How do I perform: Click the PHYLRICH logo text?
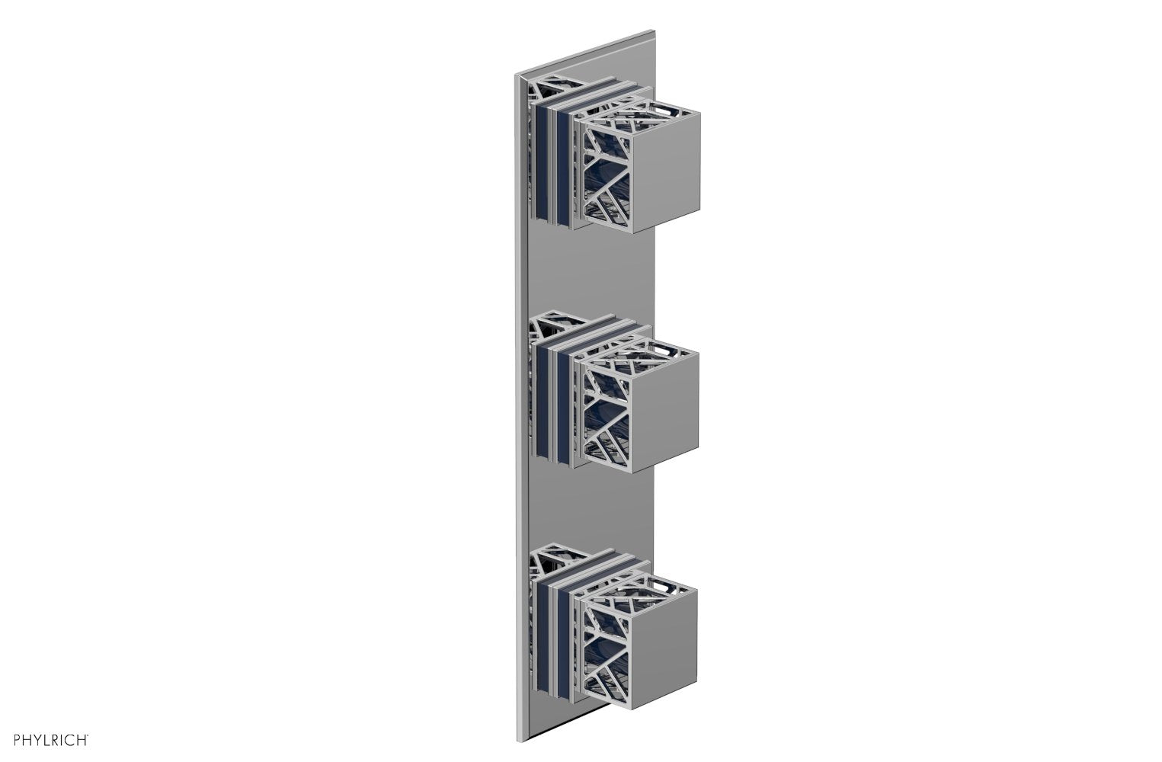point(46,738)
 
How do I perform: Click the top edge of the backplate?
point(587,53)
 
